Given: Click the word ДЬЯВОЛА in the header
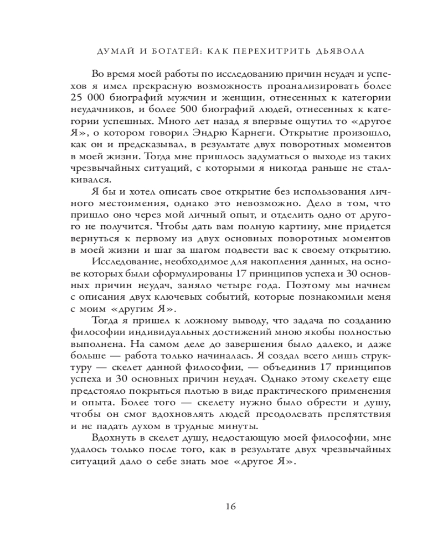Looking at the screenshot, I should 337,51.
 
